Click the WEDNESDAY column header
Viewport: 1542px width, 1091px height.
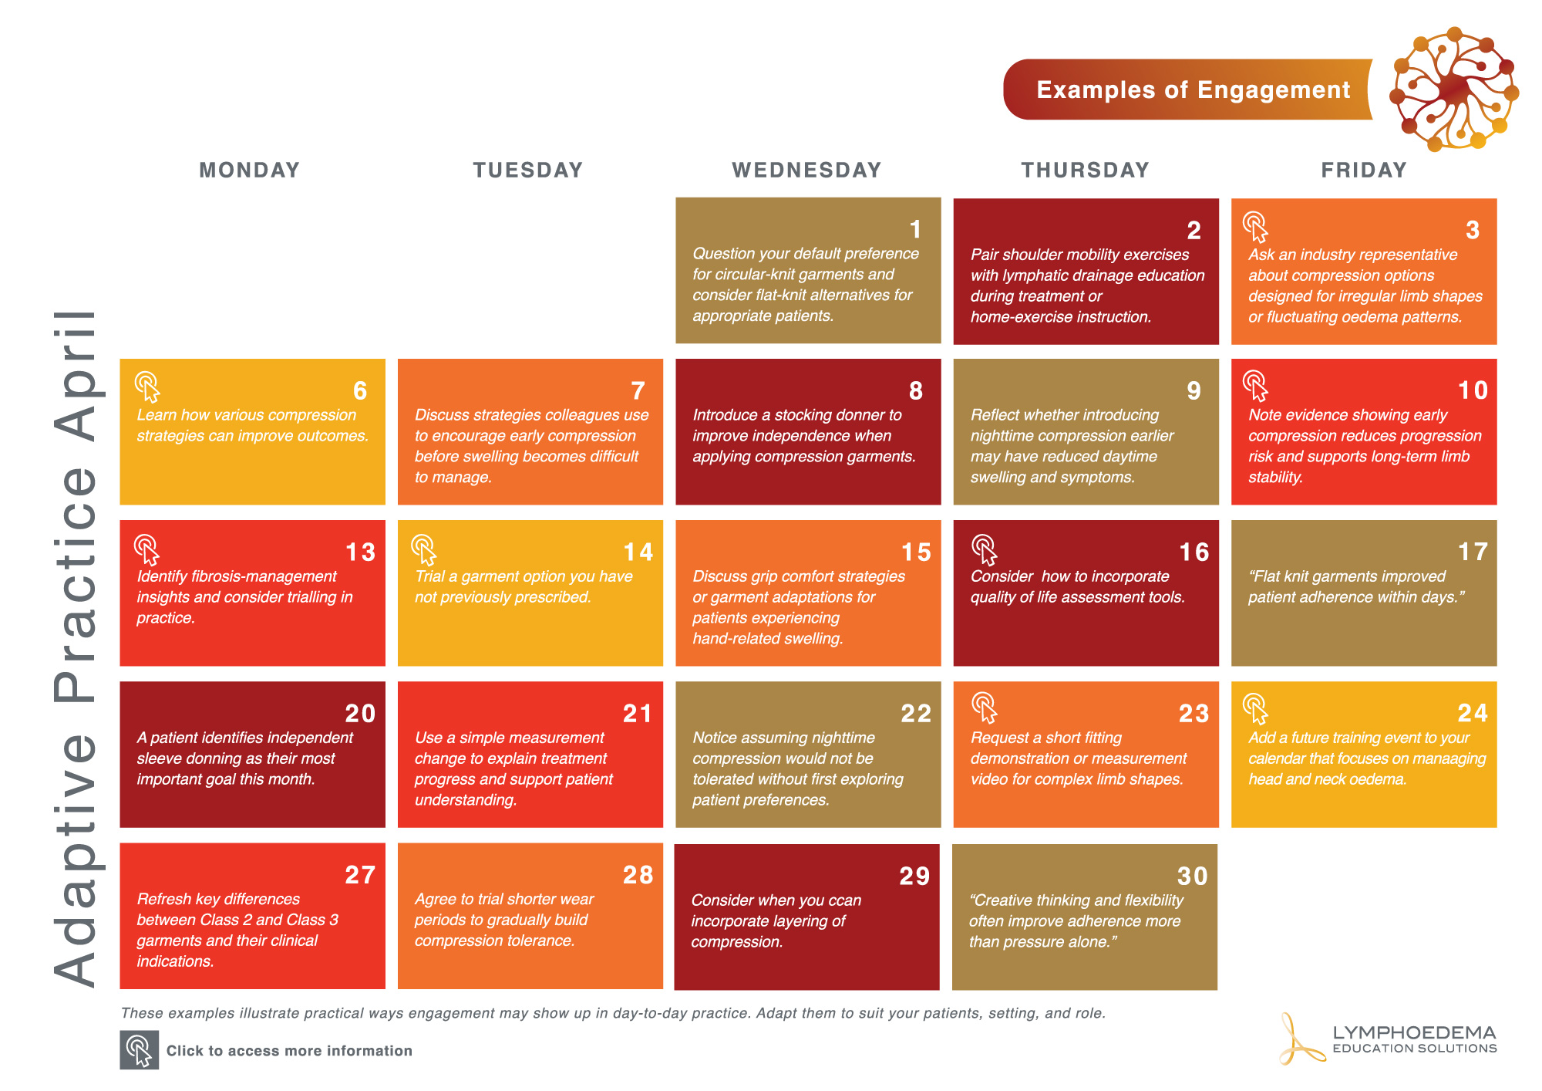(806, 170)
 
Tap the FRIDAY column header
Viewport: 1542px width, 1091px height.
(1364, 170)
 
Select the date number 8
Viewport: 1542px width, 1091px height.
(916, 391)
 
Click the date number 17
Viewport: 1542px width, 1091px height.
(1473, 552)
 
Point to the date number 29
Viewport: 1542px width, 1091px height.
(914, 876)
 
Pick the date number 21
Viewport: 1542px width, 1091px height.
(638, 714)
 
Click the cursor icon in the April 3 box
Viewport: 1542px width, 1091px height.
(1255, 227)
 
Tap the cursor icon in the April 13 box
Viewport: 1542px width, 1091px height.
(146, 549)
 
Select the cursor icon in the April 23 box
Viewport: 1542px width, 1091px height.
(984, 708)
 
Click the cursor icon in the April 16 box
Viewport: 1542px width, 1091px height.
(984, 549)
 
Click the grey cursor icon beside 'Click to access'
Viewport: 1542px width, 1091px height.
(140, 1050)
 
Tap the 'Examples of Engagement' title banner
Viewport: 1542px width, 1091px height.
(1192, 90)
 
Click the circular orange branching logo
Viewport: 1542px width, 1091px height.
(1454, 89)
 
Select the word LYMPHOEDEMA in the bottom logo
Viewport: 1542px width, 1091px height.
(1414, 1032)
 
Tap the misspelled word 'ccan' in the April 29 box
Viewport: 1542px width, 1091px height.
(844, 900)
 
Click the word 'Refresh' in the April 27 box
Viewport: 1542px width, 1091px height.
(164, 899)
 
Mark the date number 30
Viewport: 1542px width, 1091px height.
(1192, 876)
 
